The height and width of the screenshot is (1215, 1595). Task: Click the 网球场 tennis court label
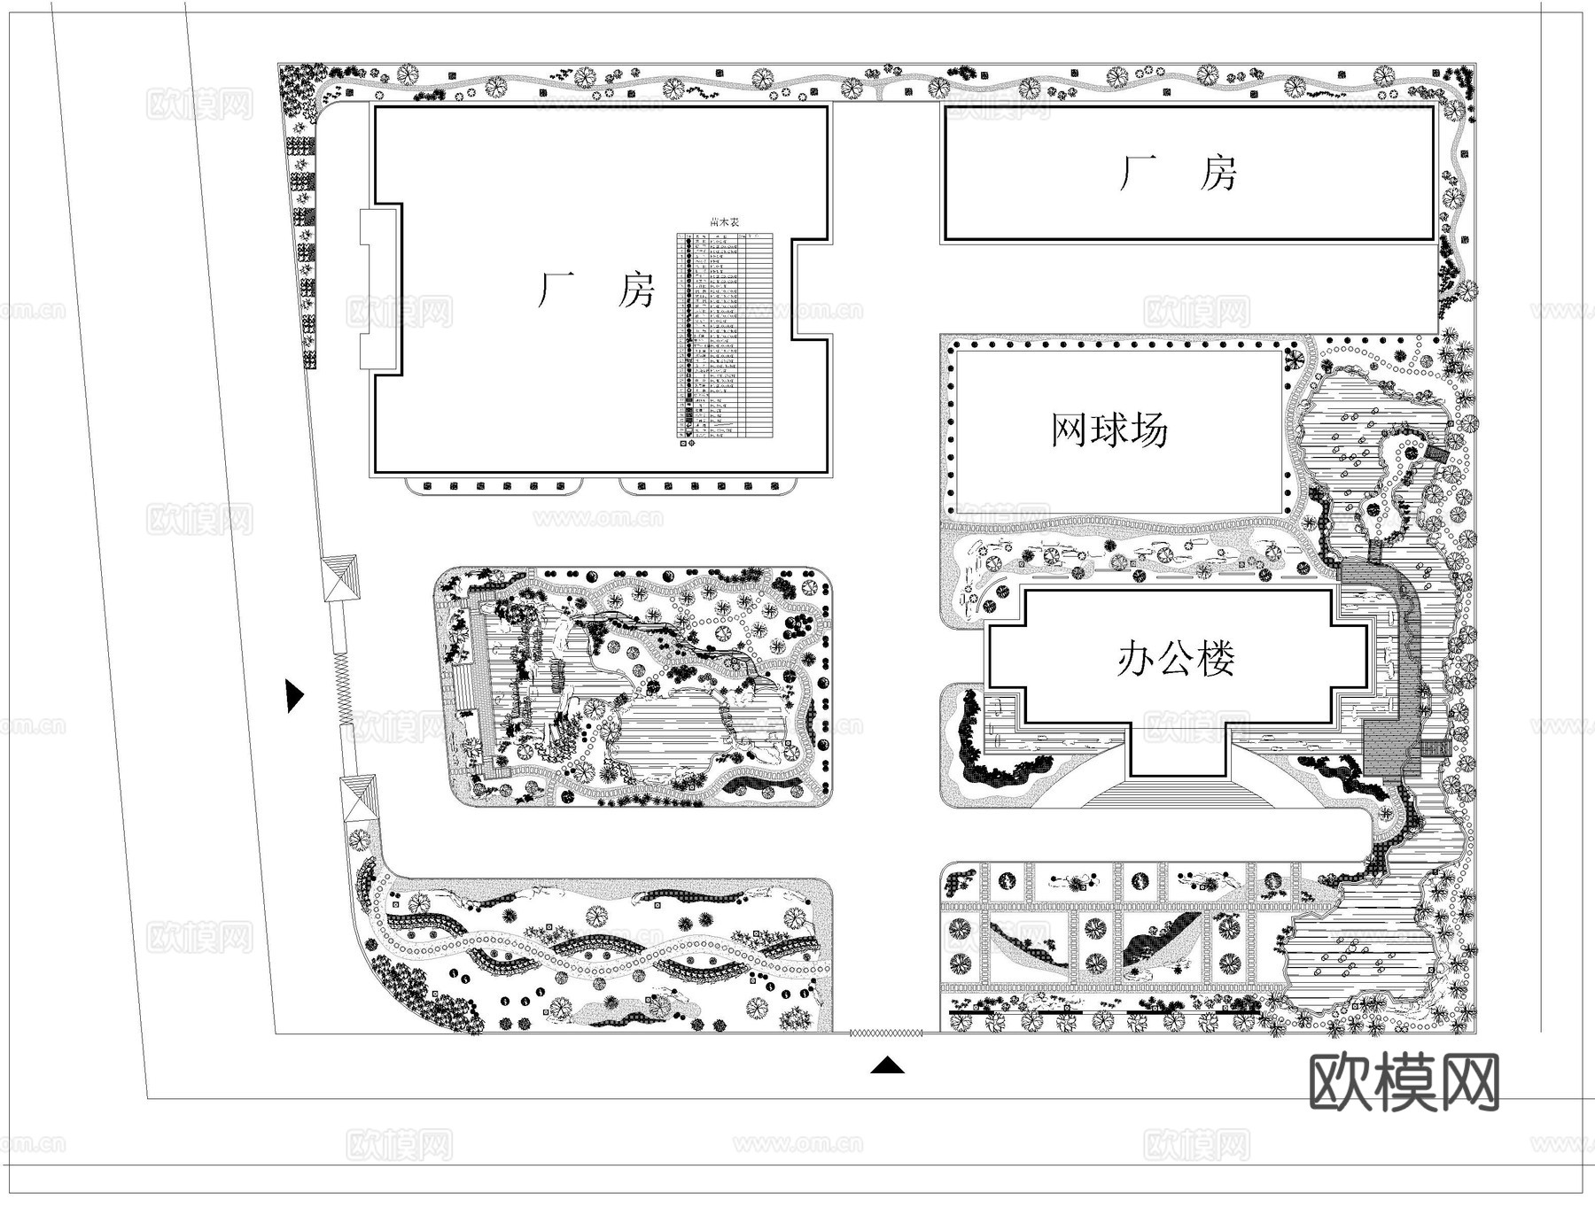coord(1109,430)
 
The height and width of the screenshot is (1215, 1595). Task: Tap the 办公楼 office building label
coord(1176,659)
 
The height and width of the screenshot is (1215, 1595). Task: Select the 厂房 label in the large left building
coord(595,290)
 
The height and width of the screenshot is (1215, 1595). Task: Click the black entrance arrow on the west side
coord(294,696)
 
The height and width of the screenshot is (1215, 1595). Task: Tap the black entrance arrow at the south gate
coord(887,1065)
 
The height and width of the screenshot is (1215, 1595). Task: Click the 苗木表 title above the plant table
coord(724,224)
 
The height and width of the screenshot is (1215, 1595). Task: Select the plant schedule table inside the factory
coord(725,337)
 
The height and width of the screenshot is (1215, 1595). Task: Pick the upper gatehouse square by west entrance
coord(341,578)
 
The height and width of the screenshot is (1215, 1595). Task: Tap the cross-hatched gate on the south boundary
coord(886,1033)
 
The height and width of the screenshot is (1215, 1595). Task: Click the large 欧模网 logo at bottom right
coord(1404,1082)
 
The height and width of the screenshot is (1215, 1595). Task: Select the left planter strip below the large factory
coord(494,486)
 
